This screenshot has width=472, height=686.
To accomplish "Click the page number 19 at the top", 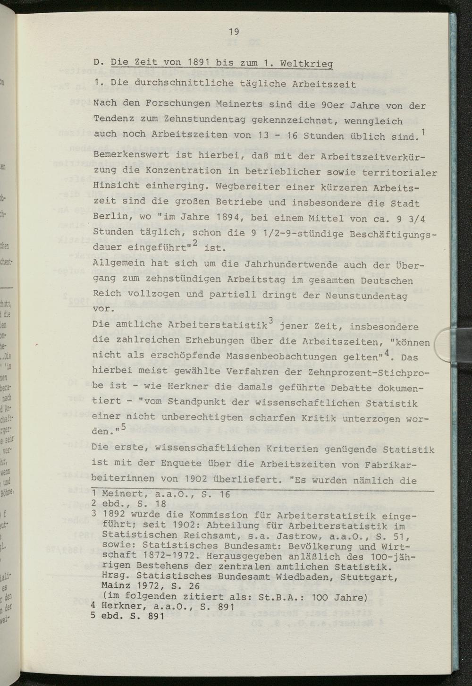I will point(234,32).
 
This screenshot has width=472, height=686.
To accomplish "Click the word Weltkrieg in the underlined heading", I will point(306,64).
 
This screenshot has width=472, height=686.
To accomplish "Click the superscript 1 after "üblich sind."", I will point(423,131).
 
